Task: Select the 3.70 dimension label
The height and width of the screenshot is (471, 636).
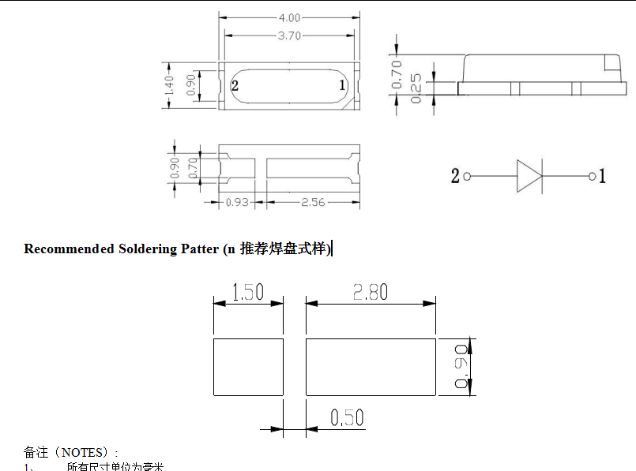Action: coord(289,36)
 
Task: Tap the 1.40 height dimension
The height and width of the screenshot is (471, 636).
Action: coord(168,85)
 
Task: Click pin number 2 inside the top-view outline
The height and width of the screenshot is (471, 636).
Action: coord(235,85)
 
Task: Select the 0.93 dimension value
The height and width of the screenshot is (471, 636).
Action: coord(237,202)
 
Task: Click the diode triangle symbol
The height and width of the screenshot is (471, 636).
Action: coord(528,176)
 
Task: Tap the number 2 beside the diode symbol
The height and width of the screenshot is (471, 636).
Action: coord(455,176)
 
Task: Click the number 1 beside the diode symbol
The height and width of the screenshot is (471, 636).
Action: coord(602,176)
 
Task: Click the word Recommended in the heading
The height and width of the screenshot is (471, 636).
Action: coord(69,249)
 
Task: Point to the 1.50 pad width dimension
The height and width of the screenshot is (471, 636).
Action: coord(248,293)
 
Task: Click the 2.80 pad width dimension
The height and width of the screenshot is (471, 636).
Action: coord(371,292)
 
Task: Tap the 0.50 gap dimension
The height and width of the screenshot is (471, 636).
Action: coord(347,417)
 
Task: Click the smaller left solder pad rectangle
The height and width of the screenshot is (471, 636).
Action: coord(248,367)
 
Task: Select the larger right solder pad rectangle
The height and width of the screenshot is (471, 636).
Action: coord(371,367)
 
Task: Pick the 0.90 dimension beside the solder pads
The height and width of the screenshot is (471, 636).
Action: coord(462,367)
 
